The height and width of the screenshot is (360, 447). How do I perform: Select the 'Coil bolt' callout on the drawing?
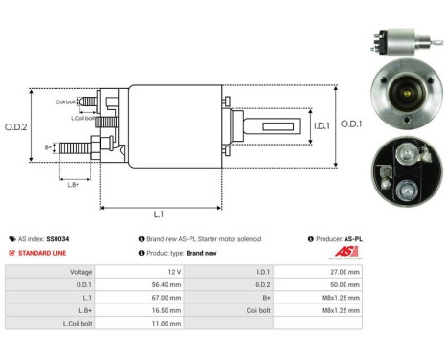[x=65, y=101]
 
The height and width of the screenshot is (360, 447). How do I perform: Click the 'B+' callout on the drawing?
[x=49, y=147]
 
